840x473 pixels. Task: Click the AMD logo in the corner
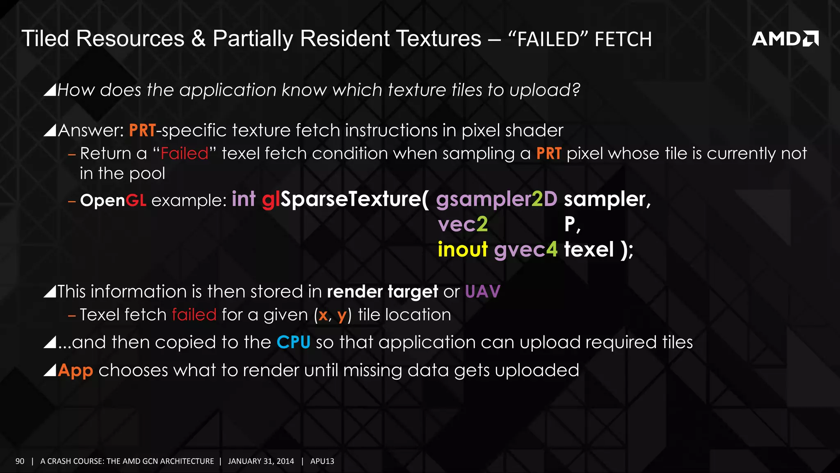(785, 39)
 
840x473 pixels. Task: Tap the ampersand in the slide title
(198, 39)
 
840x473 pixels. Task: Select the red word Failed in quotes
(185, 154)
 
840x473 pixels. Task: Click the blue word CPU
(293, 342)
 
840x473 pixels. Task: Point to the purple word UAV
(482, 292)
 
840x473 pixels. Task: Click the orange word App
(75, 370)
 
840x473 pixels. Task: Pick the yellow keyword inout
(463, 250)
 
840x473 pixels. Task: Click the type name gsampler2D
(496, 200)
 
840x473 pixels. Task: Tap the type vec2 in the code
(463, 225)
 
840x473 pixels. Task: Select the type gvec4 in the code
(525, 250)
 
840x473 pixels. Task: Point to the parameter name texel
(589, 250)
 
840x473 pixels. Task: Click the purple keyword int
(244, 200)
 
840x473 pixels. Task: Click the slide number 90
(20, 461)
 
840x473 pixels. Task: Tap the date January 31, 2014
(261, 461)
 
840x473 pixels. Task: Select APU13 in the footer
(322, 461)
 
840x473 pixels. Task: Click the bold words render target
(382, 292)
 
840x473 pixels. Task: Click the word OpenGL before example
(113, 200)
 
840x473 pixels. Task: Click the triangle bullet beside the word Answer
(50, 131)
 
